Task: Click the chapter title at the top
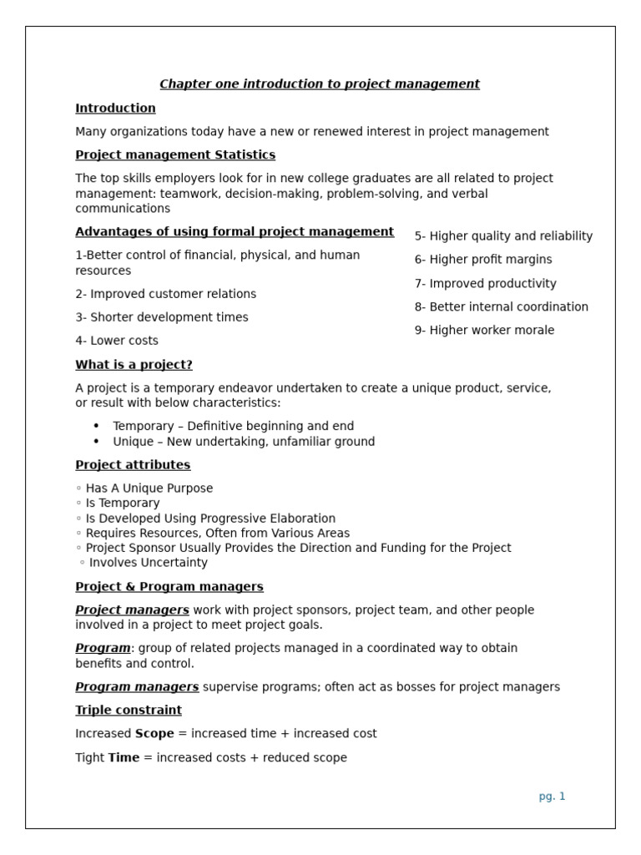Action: (320, 83)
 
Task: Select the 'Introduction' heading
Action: (115, 108)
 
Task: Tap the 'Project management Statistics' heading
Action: (175, 154)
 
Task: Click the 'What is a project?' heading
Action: (134, 365)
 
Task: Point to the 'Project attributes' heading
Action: (133, 464)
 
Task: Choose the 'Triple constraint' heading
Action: (129, 710)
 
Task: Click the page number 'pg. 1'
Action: (552, 796)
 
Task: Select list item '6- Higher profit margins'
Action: (483, 260)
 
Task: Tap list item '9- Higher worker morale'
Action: (484, 330)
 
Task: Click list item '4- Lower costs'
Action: (117, 341)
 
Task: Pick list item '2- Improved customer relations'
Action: (166, 294)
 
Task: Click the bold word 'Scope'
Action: (154, 733)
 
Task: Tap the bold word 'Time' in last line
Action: (124, 757)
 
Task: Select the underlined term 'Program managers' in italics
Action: (137, 686)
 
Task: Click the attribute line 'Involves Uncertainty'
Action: (144, 563)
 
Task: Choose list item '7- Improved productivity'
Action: (485, 283)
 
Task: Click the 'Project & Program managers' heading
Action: (169, 586)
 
